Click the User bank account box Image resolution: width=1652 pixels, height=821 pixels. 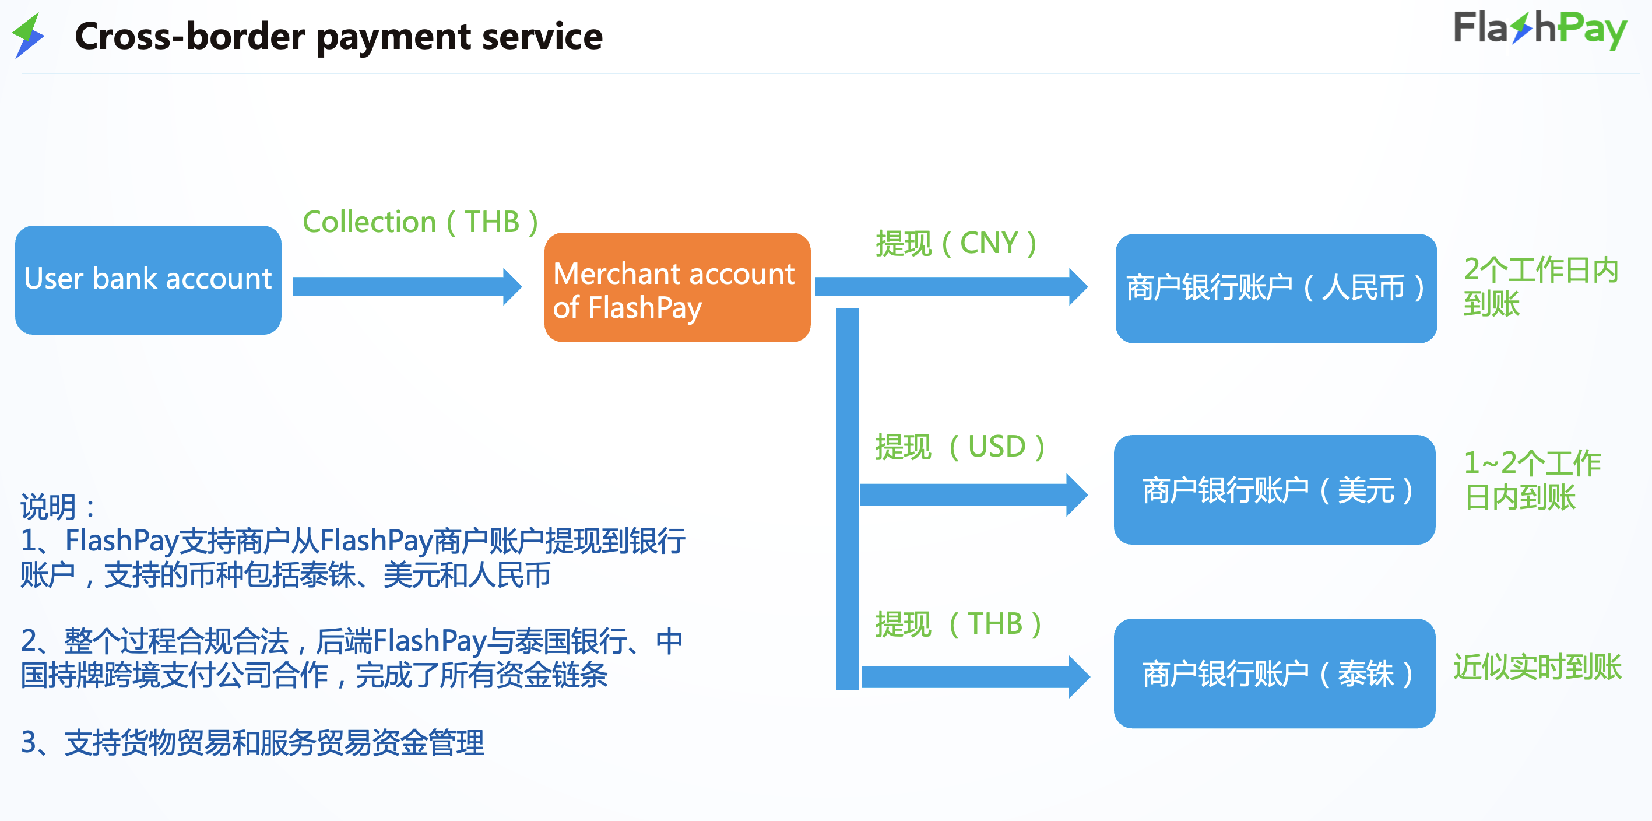click(x=148, y=280)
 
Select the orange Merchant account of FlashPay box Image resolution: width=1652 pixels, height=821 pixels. click(x=677, y=287)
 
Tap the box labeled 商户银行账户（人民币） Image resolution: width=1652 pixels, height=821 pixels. click(x=1275, y=288)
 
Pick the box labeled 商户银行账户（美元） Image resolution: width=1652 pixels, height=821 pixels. click(x=1274, y=490)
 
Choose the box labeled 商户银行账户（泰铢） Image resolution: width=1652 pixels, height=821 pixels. click(x=1274, y=673)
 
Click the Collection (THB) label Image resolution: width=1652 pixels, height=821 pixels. click(x=420, y=222)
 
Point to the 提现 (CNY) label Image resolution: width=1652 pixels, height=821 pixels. click(x=955, y=244)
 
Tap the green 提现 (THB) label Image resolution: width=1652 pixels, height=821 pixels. click(x=958, y=623)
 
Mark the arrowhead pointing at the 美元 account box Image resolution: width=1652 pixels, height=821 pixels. click(x=1077, y=494)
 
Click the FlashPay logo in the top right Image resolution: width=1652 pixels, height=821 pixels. click(x=1539, y=30)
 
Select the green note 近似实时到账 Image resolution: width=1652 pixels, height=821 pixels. click(x=1537, y=667)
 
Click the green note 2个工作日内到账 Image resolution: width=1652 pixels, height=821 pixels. click(x=1539, y=286)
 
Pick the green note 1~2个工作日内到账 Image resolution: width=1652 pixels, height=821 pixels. click(x=1531, y=480)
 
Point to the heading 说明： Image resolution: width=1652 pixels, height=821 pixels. click(x=58, y=507)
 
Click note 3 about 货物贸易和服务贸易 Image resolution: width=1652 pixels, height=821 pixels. click(x=252, y=743)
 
